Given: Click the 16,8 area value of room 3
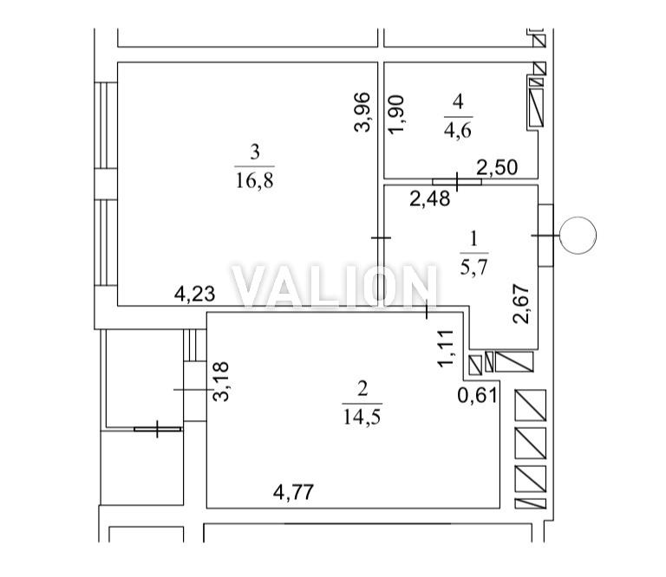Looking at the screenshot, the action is [254, 180].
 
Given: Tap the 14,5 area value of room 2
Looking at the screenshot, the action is [362, 418].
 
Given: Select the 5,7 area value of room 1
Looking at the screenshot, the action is [473, 268].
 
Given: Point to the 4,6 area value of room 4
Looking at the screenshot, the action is [458, 130].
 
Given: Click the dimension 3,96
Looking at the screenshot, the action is [362, 112].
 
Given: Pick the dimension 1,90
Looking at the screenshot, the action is [396, 114].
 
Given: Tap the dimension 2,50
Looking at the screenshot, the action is [497, 167].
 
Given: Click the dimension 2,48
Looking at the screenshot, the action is [430, 198].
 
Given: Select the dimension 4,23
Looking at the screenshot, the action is [195, 294].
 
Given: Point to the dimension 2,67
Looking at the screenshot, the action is [521, 304].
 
